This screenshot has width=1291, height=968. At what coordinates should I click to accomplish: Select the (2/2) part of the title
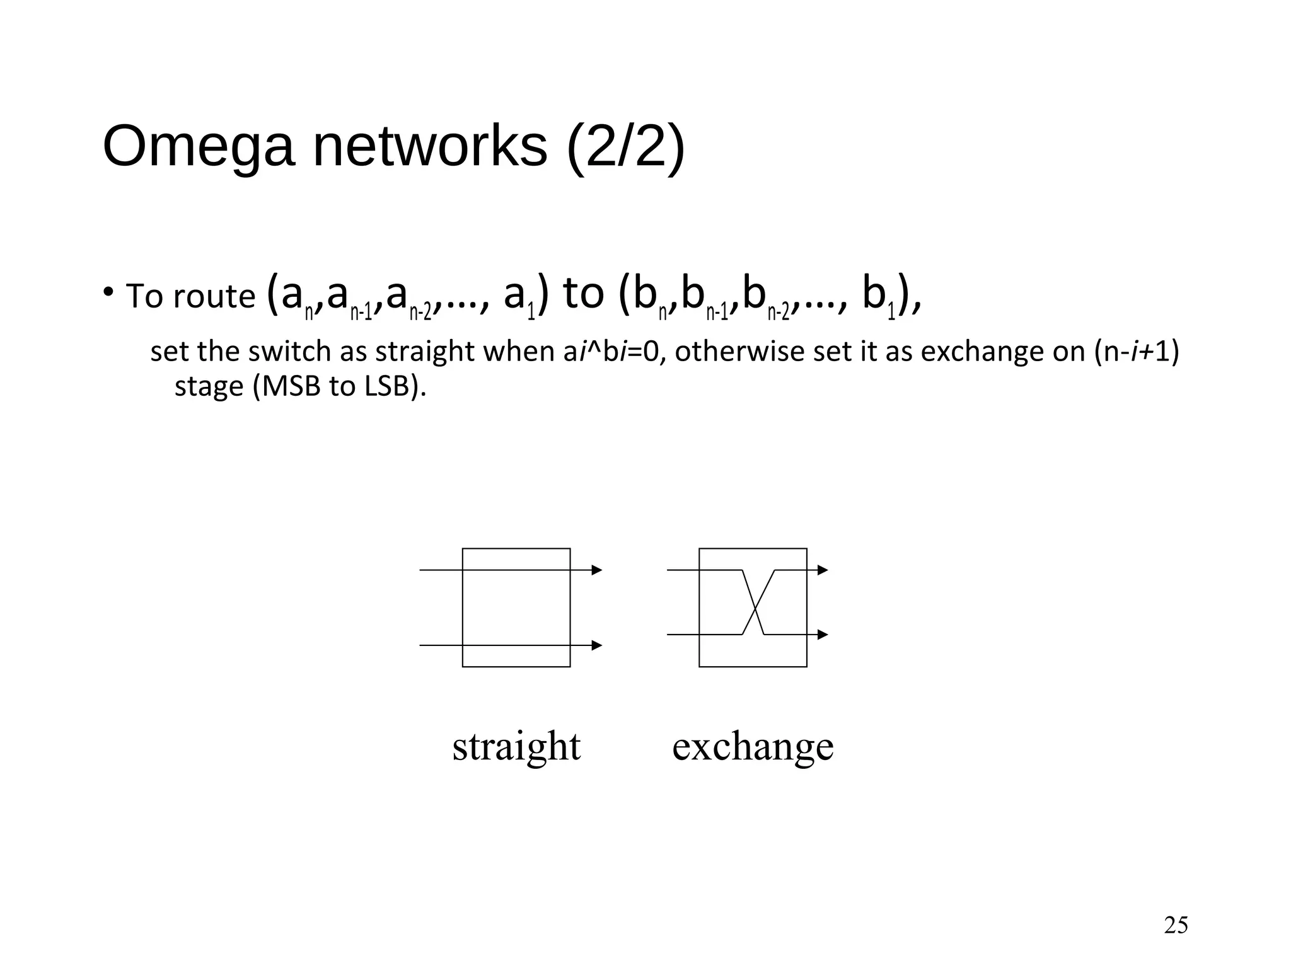625,148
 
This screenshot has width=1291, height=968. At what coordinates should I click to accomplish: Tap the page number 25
1176,925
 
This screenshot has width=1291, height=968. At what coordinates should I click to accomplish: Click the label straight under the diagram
516,746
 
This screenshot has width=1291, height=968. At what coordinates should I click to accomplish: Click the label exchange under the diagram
753,746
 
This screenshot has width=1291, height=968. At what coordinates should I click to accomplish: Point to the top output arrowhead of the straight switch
596,570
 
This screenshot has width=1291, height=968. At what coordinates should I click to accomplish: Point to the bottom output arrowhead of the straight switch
596,645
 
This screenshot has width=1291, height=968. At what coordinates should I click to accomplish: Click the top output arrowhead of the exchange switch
822,570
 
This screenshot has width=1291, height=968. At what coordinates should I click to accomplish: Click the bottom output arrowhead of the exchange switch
822,635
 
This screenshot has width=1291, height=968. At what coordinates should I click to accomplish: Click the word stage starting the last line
208,386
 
